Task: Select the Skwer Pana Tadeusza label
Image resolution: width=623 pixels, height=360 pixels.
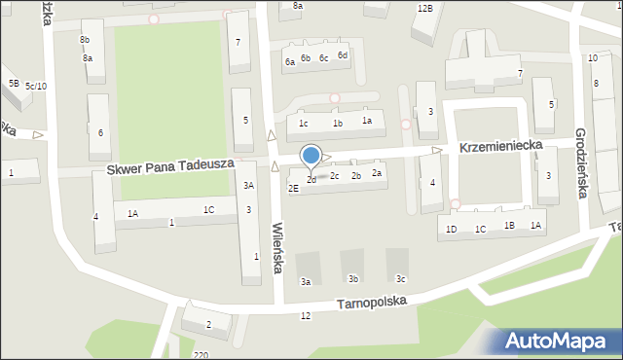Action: point(169,166)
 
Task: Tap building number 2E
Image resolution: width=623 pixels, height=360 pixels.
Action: point(293,188)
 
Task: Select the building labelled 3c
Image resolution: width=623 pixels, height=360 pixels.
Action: point(400,279)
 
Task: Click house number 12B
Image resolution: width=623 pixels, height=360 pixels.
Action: point(424,8)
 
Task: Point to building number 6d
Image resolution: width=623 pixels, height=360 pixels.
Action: point(342,55)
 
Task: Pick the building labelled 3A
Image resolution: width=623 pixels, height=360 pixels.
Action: point(249,185)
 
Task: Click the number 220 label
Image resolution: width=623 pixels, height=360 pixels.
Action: point(201,355)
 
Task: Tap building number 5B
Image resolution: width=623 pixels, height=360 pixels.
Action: point(13,83)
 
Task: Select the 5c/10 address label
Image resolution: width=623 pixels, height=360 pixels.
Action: point(36,87)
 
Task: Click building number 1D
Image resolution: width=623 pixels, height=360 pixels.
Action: point(451,229)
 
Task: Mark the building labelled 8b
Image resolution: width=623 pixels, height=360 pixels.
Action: point(85,40)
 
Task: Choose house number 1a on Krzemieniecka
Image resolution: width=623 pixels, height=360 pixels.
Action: point(367,121)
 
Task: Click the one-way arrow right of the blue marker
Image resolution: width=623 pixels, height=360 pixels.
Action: point(328,157)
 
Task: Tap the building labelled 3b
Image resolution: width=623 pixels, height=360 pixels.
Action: point(353,279)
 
